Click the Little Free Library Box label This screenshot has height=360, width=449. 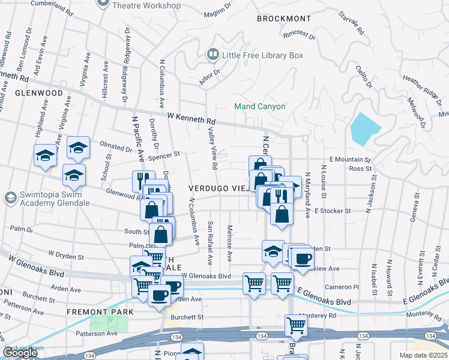click(262, 55)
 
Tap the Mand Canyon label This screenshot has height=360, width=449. click(259, 106)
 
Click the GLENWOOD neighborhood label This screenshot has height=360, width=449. click(39, 94)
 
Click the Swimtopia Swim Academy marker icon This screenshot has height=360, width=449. click(10, 197)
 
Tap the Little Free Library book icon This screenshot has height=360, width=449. click(212, 55)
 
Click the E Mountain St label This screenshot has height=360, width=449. click(350, 160)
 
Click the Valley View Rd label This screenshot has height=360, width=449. click(211, 148)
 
